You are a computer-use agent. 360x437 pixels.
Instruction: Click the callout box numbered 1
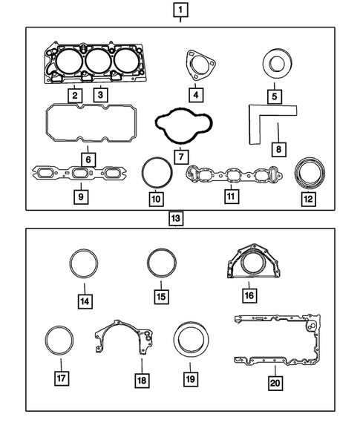180,10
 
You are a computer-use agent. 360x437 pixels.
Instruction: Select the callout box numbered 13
176,219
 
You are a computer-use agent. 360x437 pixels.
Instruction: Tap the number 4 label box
196,94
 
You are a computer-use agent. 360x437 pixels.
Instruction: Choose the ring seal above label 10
155,175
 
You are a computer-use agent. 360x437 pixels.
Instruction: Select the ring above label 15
160,263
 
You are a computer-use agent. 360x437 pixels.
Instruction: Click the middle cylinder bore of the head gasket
97,60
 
